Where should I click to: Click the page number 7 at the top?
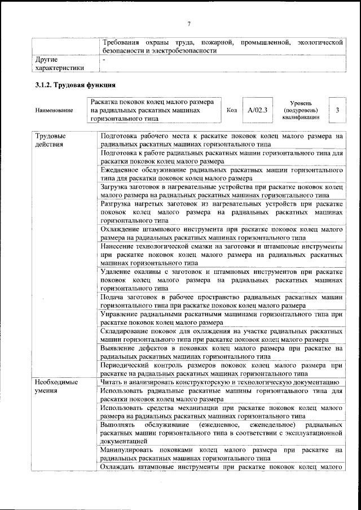[x=190, y=23]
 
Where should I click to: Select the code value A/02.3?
[x=256, y=110]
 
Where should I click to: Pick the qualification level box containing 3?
[x=337, y=110]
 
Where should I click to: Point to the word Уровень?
[x=301, y=102]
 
